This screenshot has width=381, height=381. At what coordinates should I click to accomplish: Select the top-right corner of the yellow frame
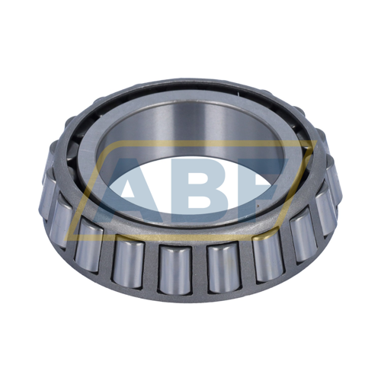(317, 141)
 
